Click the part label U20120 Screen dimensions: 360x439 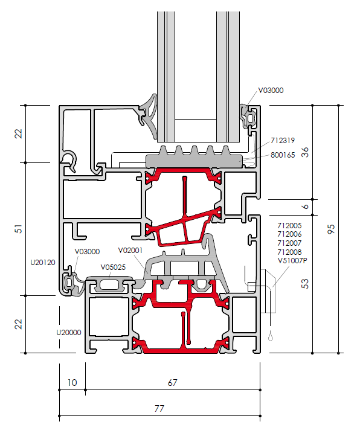(43, 263)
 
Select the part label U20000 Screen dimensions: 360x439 (69, 333)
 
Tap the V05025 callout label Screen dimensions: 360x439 (113, 268)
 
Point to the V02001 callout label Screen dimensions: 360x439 (130, 251)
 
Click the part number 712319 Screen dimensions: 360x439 (283, 141)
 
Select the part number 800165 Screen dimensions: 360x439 (283, 155)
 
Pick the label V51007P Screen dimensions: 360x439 (292, 261)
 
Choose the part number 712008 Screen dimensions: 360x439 (289, 252)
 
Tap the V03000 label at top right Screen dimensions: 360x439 (271, 91)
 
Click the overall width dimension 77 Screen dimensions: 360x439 (159, 409)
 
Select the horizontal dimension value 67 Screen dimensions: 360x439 (172, 383)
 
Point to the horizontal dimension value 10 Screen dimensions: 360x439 (72, 383)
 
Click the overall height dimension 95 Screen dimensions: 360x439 (331, 229)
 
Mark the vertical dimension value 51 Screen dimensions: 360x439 (18, 229)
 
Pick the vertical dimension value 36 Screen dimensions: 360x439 (305, 152)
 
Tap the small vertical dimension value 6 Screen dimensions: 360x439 (305, 207)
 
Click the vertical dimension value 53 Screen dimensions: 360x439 (305, 284)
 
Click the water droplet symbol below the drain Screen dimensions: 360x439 (271, 336)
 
